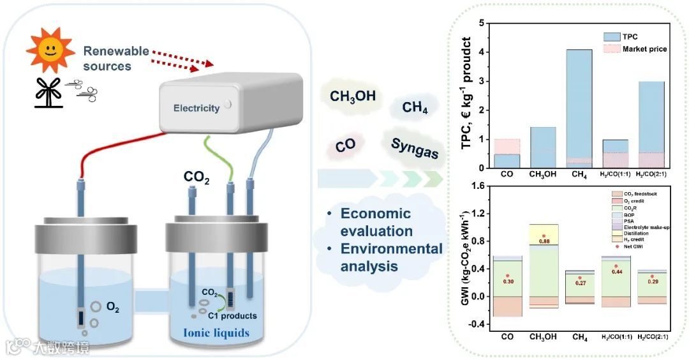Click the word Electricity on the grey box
pos(196,108)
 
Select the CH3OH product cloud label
pos(352,97)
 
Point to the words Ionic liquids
pos(216,333)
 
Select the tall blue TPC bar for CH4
pos(579,109)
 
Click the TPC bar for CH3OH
pos(543,147)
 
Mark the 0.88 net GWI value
pos(544,241)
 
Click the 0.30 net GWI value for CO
pos(508,281)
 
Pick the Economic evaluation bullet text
pos(376,221)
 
